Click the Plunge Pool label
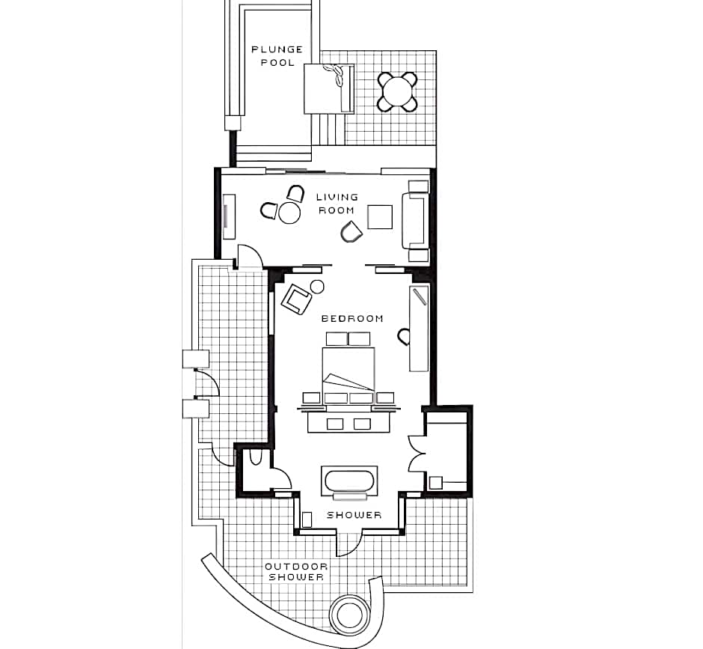coord(277,55)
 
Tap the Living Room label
coord(337,204)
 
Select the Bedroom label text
coord(352,319)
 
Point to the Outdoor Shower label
coord(296,572)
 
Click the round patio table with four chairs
coord(397,91)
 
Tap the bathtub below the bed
coord(349,481)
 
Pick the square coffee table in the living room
coord(380,217)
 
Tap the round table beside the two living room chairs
coord(289,213)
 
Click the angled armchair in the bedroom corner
coord(296,299)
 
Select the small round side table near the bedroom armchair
coord(317,287)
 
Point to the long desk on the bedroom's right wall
coord(419,328)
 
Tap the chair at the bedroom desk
coord(404,337)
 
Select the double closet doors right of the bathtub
coord(417,454)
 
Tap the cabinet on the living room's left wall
coord(229,217)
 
